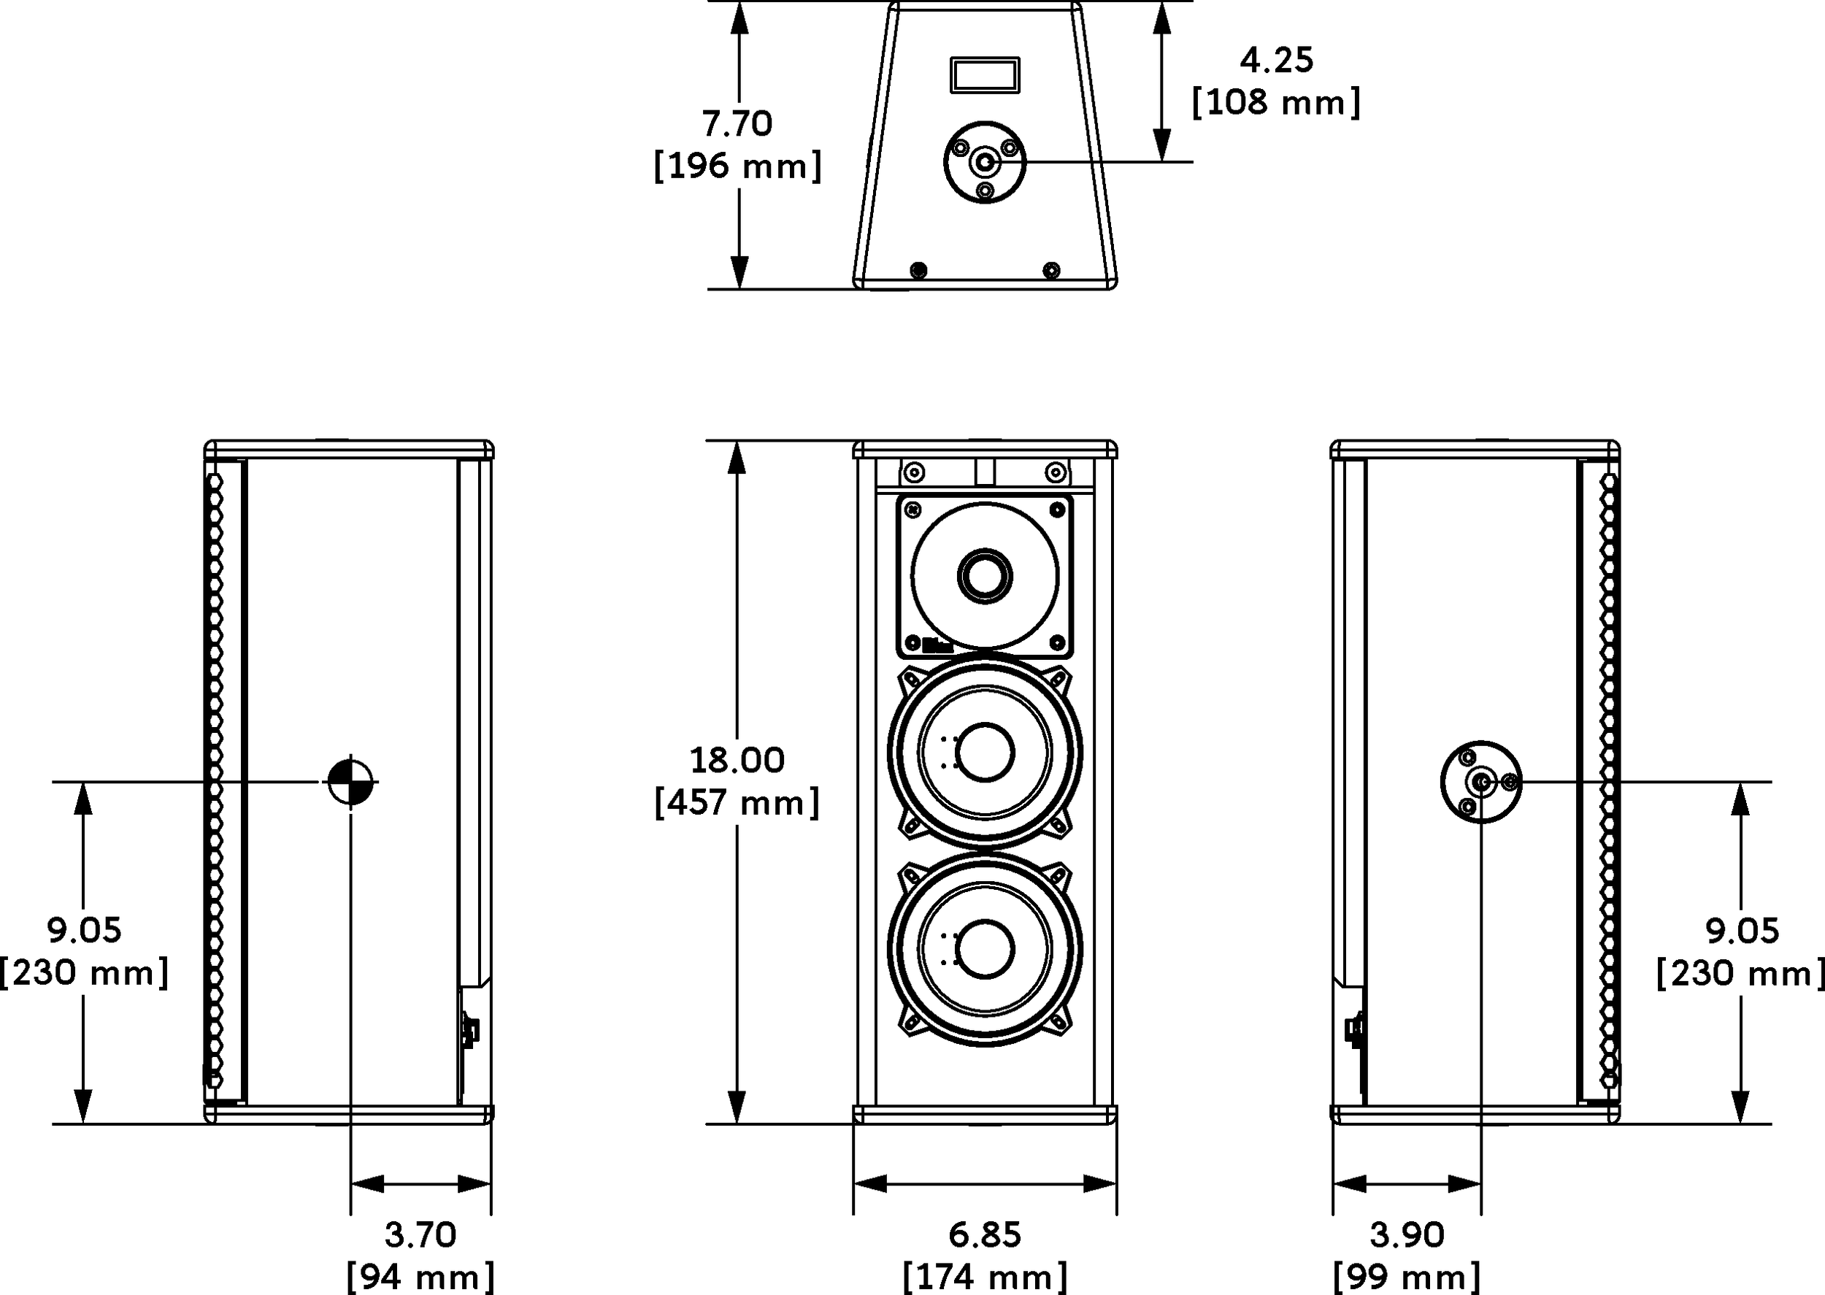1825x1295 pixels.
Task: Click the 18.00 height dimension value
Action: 737,760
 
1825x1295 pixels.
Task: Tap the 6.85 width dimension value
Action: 984,1234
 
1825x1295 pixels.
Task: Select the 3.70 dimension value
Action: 420,1234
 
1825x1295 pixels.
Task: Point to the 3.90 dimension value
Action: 1407,1234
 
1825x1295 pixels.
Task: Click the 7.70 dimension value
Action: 737,123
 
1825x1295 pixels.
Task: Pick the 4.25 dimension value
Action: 1275,61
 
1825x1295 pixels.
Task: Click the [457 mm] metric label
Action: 737,802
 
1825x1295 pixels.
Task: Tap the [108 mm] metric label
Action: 1275,102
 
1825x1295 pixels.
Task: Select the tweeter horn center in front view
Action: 985,575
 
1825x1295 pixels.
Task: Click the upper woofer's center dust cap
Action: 985,752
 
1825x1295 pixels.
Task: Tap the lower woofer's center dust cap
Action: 985,949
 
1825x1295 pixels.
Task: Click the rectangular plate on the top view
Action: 984,75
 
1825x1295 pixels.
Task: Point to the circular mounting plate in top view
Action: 985,163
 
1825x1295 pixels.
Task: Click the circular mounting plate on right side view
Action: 1480,783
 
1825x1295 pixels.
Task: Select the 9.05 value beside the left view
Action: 84,930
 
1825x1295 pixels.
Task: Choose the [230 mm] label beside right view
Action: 1740,973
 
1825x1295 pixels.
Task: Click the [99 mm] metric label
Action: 1407,1277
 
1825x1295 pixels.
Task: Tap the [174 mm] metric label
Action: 984,1277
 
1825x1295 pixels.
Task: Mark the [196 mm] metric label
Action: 737,166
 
